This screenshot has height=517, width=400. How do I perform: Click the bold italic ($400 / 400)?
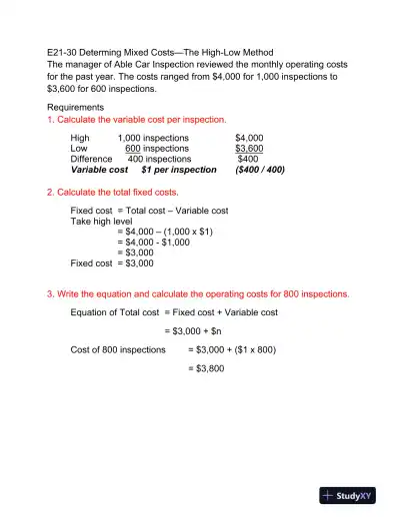click(259, 170)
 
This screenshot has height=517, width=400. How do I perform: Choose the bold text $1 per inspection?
click(178, 170)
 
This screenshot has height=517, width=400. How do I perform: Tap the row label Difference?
click(91, 159)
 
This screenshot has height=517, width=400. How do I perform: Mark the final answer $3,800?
click(206, 369)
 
